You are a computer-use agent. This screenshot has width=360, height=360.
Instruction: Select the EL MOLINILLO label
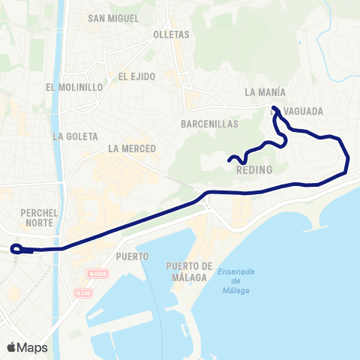pos(74,87)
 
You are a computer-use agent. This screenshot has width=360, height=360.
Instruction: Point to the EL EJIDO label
pos(136,76)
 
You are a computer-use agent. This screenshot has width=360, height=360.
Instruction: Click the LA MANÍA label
pos(265,92)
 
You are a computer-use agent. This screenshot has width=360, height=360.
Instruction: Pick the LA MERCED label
pos(132,148)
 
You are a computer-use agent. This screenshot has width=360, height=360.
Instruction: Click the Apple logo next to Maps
pos(12,347)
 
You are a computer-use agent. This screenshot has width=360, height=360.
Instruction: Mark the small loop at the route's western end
pos(17,249)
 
